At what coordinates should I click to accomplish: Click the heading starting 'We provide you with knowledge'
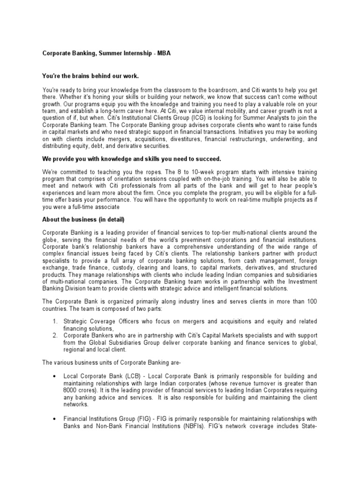pos(132,158)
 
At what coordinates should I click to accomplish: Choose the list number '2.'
pos(55,336)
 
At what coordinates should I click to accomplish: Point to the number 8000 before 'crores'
pos(49,390)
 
